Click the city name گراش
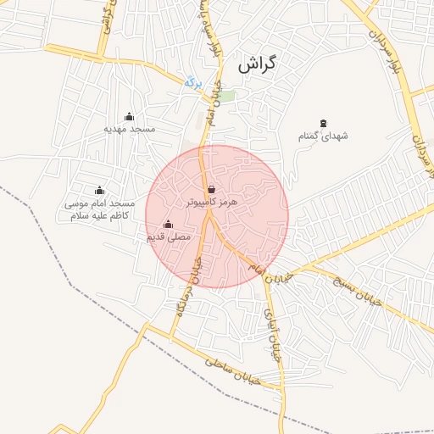(x=259, y=63)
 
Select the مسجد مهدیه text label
(x=130, y=129)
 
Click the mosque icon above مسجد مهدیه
(x=130, y=117)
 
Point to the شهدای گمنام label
(x=323, y=136)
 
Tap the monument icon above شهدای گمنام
(x=323, y=124)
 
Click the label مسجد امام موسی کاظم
(x=100, y=210)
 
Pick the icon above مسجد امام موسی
(x=100, y=190)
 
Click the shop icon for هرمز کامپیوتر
(x=210, y=189)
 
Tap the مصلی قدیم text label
(x=168, y=237)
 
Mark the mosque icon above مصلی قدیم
(x=168, y=225)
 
